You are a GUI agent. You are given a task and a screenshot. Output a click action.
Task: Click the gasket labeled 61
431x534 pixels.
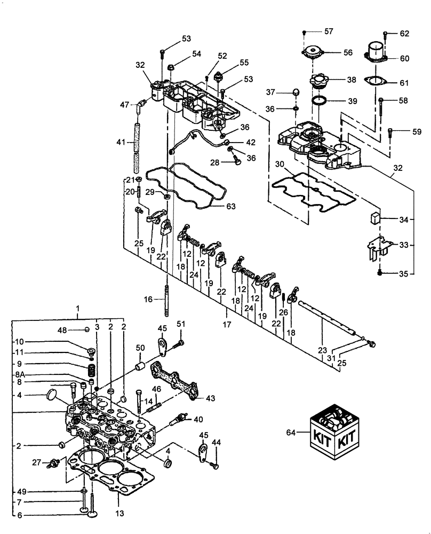tap(376, 82)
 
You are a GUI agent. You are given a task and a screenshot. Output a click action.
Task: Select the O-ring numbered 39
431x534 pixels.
tap(320, 100)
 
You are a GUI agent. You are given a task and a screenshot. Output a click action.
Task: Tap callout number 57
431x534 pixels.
tap(329, 32)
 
